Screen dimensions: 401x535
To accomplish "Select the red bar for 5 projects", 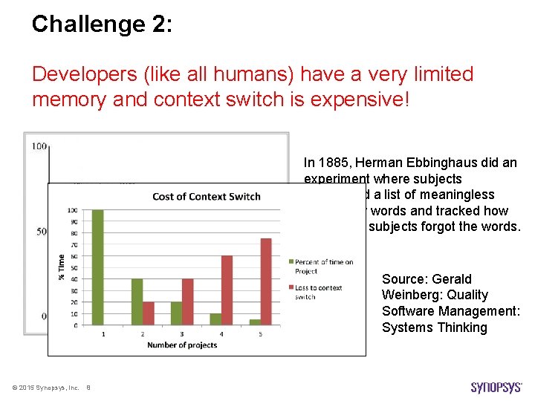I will coord(265,281).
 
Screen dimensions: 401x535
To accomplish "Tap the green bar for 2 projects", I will coord(137,302).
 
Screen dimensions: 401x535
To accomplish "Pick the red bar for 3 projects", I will coord(187,302).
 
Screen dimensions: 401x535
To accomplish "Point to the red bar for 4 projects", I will coord(227,290).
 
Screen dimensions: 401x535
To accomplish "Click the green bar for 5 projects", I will coord(255,322).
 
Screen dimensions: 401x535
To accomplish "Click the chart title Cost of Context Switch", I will coord(206,196).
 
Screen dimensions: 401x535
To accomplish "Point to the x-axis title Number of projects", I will coord(182,345).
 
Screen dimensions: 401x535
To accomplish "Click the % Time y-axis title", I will coord(62,267).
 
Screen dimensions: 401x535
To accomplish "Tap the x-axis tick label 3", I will coord(182,333).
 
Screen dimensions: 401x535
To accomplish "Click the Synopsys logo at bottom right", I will coord(496,387).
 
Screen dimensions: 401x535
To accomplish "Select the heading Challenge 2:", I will coord(102,24).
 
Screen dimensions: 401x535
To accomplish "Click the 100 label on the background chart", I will coord(39,146).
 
